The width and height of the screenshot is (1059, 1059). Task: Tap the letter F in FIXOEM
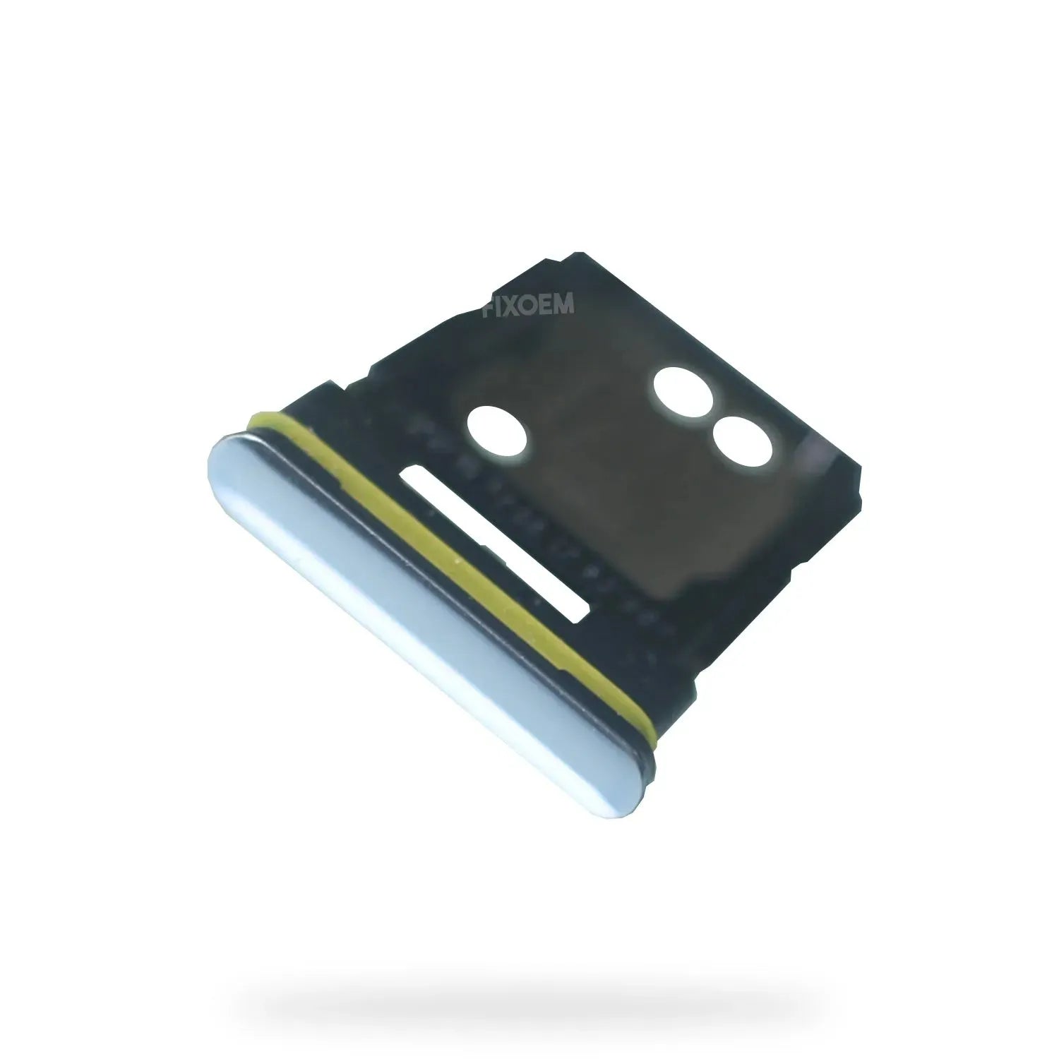pyautogui.click(x=488, y=304)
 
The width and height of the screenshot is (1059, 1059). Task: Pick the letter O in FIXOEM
pyautogui.click(x=527, y=304)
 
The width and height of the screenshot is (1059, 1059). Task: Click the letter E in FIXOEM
pyautogui.click(x=546, y=304)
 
